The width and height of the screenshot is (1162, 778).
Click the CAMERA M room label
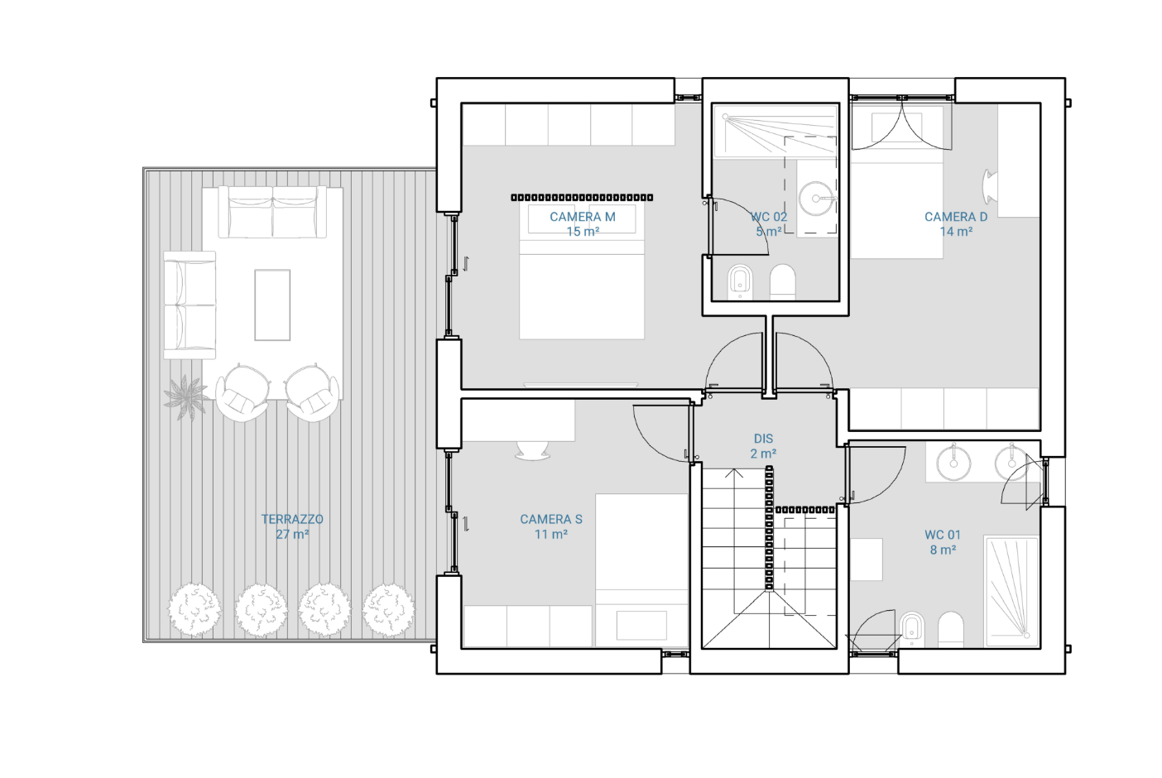coord(583,217)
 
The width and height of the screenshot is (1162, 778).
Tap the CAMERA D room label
coord(956,217)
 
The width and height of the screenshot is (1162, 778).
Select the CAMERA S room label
coord(551,519)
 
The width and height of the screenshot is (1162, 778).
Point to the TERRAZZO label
coord(292,519)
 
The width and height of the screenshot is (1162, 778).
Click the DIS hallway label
coord(763,439)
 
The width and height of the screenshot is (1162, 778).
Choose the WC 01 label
coord(943,535)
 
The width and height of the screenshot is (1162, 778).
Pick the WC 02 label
coord(769,217)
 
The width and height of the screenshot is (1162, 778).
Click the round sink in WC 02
coord(817,198)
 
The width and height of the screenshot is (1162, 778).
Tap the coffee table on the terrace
coord(272,305)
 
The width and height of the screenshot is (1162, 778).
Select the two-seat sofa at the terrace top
coord(272,212)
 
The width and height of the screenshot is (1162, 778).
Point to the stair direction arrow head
coord(734,473)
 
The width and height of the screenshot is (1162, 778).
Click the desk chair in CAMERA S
coord(532,450)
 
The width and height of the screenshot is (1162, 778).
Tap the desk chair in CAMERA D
coord(989,187)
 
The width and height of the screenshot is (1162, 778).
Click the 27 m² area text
coord(293,534)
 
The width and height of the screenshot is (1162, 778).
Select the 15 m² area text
coord(583,231)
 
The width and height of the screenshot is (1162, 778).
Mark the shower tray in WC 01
coord(1012,593)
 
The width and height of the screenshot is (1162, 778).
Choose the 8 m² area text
coord(943,550)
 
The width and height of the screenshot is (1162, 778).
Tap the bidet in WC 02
coord(741,282)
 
